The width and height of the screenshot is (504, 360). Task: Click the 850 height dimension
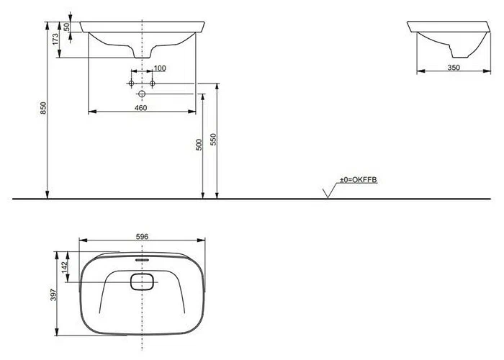pos(43,108)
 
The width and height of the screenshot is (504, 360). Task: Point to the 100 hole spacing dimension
pos(160,68)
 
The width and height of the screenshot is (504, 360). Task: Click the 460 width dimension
pos(141,107)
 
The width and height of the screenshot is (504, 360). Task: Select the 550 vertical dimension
pos(212,139)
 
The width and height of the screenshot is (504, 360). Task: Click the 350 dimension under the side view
pos(452,67)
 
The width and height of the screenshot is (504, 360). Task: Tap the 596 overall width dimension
pos(142,235)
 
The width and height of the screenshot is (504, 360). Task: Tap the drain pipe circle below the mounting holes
pos(143,94)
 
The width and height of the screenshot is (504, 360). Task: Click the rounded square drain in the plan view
pos(142,281)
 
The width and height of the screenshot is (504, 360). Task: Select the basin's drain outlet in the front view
pos(143,55)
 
